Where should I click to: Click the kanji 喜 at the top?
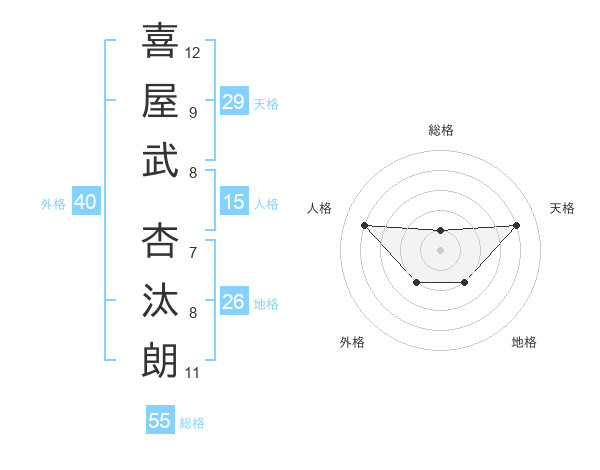(x=160, y=39)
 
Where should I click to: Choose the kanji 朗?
(x=160, y=360)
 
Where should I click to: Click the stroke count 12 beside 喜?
(x=193, y=51)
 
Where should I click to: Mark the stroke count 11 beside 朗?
(x=192, y=373)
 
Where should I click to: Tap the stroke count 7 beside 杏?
(x=192, y=252)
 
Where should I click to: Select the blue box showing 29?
(x=233, y=102)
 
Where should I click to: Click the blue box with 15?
(x=233, y=203)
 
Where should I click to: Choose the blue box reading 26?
(x=233, y=302)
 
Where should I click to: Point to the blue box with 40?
(x=85, y=203)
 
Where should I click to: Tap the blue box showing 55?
(x=160, y=421)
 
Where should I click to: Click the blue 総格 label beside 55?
(x=192, y=423)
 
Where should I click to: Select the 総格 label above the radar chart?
(x=440, y=130)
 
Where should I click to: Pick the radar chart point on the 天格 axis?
(x=516, y=225)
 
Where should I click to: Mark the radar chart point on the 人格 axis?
(x=364, y=225)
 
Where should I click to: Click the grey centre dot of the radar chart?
(x=440, y=249)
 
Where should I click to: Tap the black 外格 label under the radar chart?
(x=352, y=342)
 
